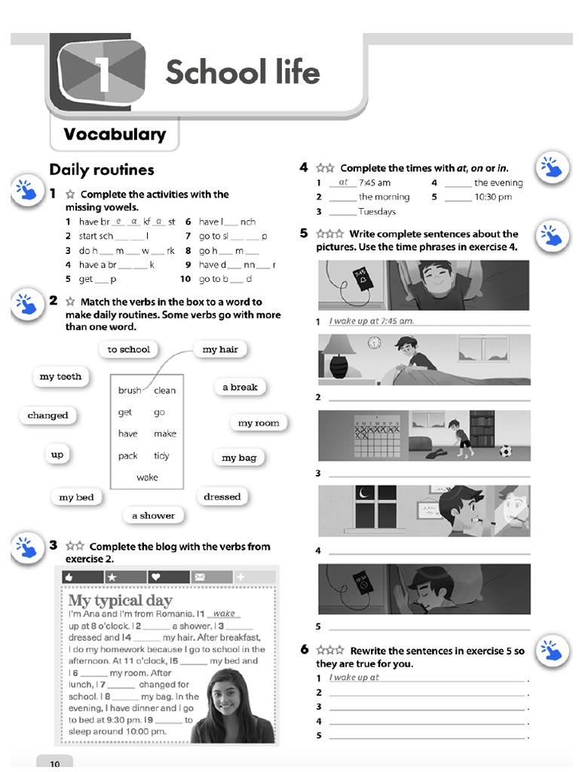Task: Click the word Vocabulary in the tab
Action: coord(115,134)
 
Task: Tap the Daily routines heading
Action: coord(101,170)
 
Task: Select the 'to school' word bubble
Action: coord(128,349)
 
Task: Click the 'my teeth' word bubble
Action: coord(60,376)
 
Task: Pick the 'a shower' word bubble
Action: coord(153,516)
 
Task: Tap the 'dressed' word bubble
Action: coord(222,497)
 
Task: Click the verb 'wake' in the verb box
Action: coord(147,477)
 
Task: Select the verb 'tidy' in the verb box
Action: coord(161,455)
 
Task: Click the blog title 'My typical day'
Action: coord(120,600)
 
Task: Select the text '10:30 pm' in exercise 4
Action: coord(493,197)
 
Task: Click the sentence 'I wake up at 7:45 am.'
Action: coord(372,320)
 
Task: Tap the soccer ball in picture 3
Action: coord(505,451)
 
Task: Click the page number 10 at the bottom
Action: coord(54,763)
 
